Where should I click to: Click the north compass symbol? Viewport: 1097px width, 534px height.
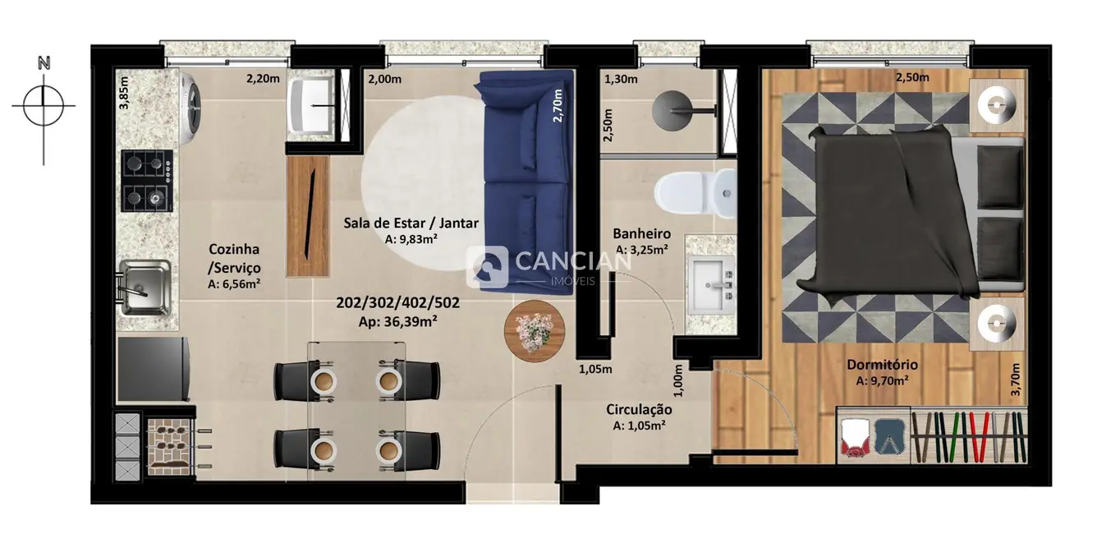44,105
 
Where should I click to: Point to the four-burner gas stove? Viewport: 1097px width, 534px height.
147,181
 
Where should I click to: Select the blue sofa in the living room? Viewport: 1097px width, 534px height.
526,181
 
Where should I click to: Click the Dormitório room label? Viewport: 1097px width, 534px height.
882,365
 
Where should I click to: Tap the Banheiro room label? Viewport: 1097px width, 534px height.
642,234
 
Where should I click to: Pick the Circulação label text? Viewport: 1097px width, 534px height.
639,409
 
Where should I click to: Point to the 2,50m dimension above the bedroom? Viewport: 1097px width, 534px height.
911,78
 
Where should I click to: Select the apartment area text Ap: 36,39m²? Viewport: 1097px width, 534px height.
397,321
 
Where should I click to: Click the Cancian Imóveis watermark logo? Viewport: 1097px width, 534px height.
548,265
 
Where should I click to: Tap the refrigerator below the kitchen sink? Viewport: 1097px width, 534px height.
154,370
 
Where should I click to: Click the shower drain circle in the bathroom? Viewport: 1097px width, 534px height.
674,105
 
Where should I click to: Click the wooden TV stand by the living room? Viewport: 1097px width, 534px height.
308,216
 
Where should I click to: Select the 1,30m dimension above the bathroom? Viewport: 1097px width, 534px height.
620,80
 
